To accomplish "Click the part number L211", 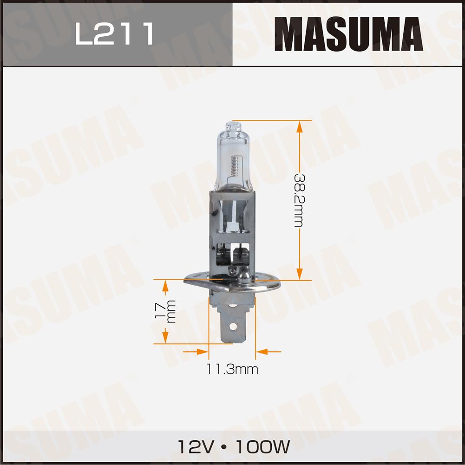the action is (x=114, y=33).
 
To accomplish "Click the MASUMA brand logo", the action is (x=349, y=34).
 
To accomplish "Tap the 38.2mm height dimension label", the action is (x=299, y=201).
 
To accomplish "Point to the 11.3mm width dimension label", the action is (x=232, y=369).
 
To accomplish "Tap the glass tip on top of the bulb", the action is (x=233, y=127).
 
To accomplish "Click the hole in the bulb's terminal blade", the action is (x=233, y=327).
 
